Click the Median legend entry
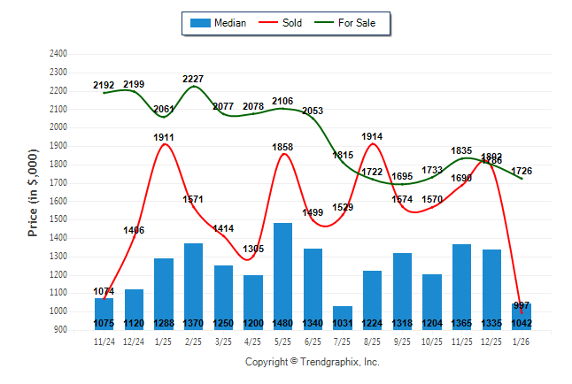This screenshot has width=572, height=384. pyautogui.click(x=218, y=23)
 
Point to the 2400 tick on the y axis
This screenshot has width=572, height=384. pyautogui.click(x=58, y=54)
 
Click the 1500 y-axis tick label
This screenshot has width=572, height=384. pyautogui.click(x=58, y=219)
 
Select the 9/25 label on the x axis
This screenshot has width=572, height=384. pyautogui.click(x=402, y=341)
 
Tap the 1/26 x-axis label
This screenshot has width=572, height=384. pyautogui.click(x=522, y=341)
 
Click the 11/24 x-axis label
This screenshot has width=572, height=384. pyautogui.click(x=104, y=341)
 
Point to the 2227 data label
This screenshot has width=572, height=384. pyautogui.click(x=194, y=79)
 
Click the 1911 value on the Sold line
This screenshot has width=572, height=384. pyautogui.click(x=164, y=137)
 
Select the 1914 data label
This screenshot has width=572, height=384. pyautogui.click(x=373, y=136)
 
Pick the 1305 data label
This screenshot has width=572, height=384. pyautogui.click(x=253, y=249)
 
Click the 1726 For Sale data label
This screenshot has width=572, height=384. pyautogui.click(x=522, y=170)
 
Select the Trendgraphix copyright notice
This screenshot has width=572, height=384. pyautogui.click(x=312, y=362)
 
